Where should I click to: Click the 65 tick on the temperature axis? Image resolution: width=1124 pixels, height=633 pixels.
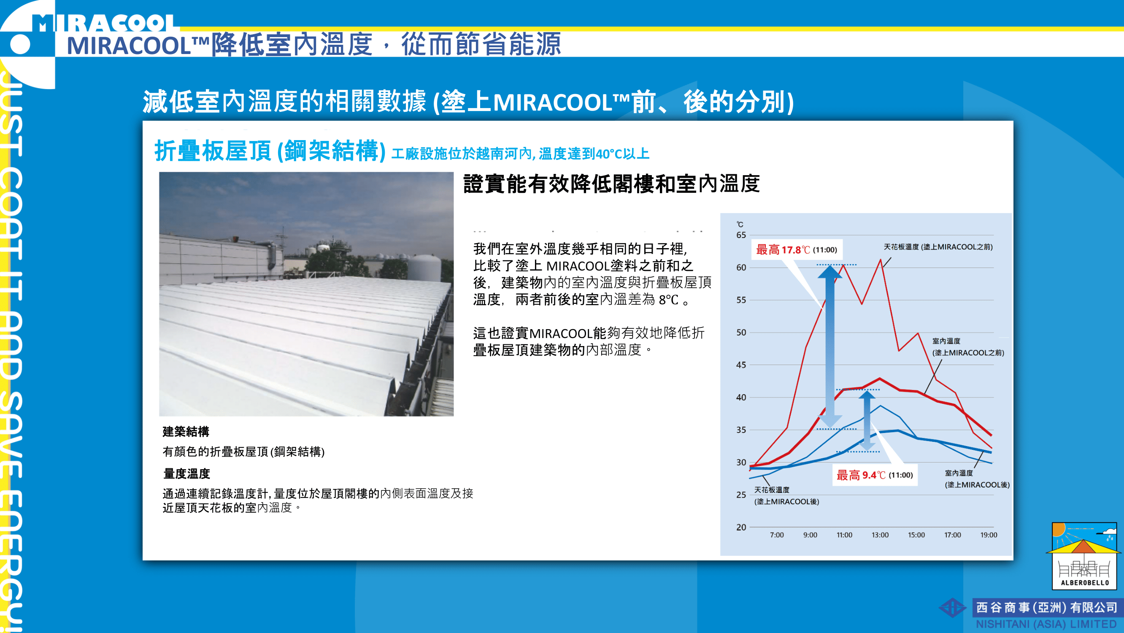[741, 235]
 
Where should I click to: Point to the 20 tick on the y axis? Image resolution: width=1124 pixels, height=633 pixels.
[741, 527]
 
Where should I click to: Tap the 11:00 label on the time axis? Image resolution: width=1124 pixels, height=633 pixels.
[844, 535]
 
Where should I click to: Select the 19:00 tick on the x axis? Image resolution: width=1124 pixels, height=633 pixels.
[989, 535]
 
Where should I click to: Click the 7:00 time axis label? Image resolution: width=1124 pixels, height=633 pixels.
[777, 535]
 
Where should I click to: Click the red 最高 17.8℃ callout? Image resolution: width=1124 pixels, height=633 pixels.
[796, 250]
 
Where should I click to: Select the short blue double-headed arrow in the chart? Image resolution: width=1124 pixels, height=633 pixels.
[867, 420]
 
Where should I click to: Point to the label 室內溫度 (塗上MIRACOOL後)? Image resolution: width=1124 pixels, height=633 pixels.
[977, 479]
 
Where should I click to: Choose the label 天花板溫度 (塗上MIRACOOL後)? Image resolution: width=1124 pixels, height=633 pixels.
[787, 495]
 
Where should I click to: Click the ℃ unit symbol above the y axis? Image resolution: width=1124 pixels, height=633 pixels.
[740, 225]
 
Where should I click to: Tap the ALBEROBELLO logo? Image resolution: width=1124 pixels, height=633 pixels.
[1084, 556]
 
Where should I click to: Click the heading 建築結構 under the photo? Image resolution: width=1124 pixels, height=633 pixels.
[186, 431]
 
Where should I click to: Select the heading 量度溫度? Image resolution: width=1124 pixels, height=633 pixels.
[186, 473]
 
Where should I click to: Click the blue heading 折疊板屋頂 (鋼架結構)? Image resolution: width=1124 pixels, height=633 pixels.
[270, 151]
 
